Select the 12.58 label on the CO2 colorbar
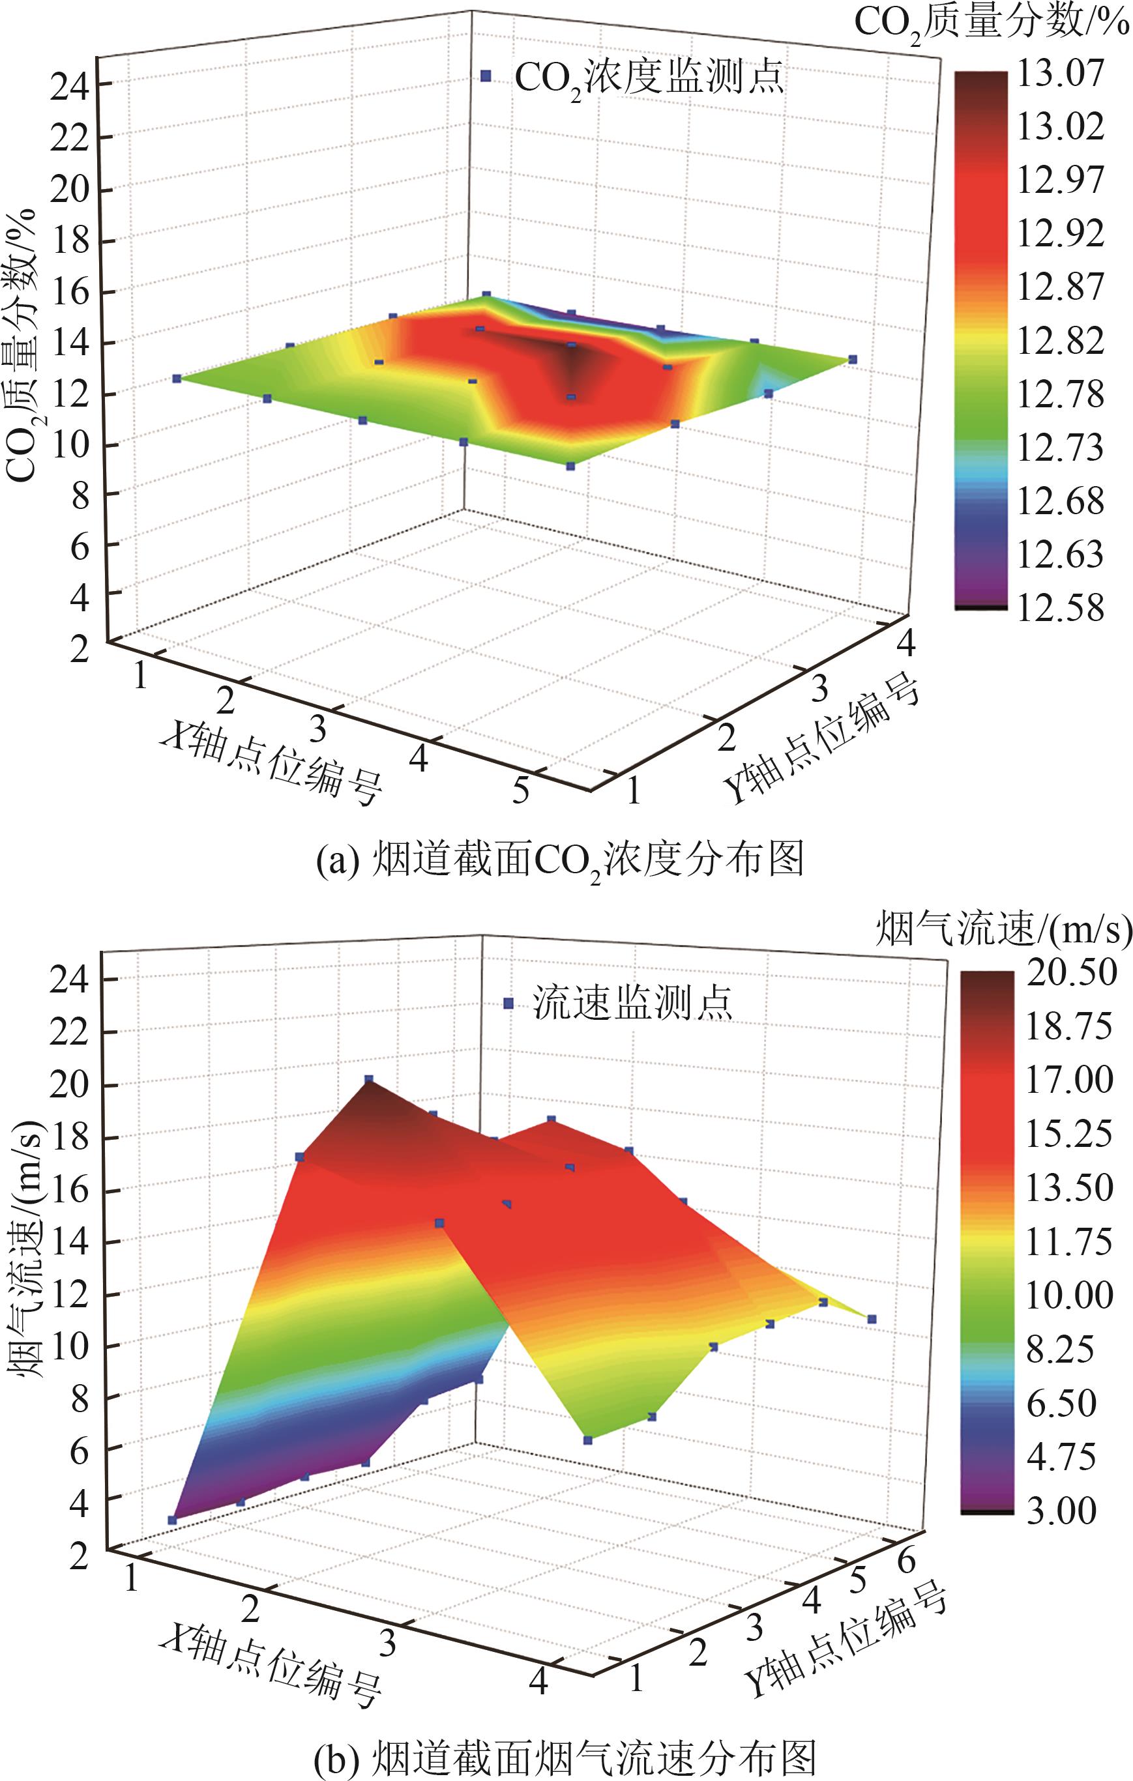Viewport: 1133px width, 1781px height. coord(1060,608)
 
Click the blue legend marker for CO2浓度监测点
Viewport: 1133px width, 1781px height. coord(486,76)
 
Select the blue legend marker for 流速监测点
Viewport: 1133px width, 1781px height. coord(508,1004)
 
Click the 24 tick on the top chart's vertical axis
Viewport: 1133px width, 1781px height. coord(70,87)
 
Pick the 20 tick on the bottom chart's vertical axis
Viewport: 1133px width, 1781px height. coord(70,1086)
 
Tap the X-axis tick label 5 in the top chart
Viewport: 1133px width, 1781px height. coord(520,790)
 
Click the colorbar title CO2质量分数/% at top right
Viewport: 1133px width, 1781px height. coord(992,23)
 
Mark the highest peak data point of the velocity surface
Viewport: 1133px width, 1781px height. coord(368,1080)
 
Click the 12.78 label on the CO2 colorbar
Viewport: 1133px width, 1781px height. coord(1060,394)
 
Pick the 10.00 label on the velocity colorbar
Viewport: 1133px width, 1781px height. coord(1068,1295)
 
